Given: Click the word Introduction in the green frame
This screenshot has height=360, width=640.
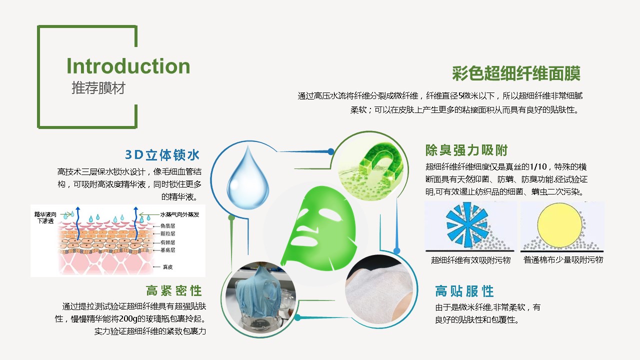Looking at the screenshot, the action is point(128,66).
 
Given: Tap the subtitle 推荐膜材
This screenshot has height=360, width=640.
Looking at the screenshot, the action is point(98,87).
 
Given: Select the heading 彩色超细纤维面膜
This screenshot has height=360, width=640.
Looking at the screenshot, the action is point(516,73).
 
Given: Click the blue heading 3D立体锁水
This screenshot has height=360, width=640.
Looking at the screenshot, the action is point(162,155).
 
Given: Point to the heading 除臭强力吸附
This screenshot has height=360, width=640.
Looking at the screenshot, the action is point(466,150).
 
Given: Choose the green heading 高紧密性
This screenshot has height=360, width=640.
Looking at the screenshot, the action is point(174,291).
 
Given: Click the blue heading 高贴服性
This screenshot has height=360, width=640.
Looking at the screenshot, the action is point(464,291).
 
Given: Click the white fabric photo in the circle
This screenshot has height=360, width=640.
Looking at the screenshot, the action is point(379,289).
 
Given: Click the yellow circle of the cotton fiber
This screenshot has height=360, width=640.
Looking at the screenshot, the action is point(559,225).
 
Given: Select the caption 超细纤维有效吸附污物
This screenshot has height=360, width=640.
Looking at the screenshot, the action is point(470,260).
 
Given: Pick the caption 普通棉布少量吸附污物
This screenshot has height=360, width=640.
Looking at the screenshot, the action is point(563,259).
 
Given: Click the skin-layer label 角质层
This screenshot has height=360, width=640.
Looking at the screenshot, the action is point(167,225).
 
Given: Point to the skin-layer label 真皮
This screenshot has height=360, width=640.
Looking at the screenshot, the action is point(167,267).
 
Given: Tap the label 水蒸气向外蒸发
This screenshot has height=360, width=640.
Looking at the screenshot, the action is point(179,214).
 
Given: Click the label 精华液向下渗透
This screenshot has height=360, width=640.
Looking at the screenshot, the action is point(45,217).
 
